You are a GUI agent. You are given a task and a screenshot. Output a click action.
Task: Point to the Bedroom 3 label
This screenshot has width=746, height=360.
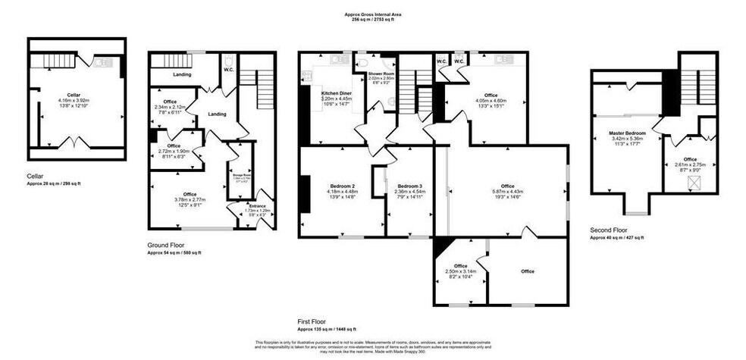pos(409,186)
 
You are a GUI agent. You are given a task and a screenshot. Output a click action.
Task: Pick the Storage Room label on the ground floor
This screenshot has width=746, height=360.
pos(241,174)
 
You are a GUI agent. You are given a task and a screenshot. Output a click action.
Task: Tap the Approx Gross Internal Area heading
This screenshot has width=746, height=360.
pos(372,14)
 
